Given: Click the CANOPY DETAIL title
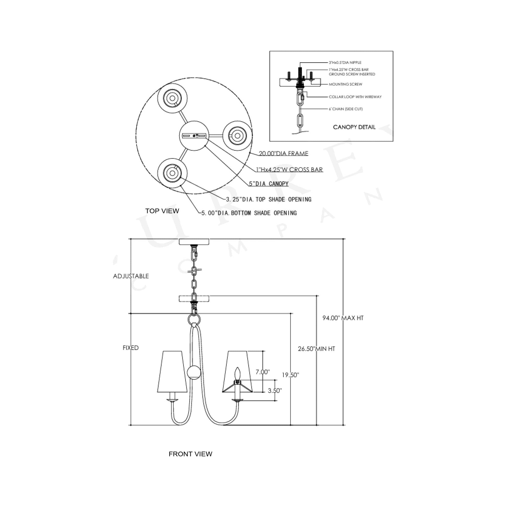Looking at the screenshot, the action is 354,127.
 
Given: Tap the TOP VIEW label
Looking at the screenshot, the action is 162,211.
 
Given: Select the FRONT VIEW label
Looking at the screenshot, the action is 190,454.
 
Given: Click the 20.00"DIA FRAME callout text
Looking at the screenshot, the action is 283,153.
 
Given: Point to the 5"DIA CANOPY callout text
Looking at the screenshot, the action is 269,184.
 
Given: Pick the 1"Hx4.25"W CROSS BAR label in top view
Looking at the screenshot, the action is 289,170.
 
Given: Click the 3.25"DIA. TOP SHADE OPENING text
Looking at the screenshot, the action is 269,200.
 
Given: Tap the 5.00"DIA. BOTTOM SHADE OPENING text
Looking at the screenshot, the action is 249,213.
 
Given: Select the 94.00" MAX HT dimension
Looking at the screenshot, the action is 343,318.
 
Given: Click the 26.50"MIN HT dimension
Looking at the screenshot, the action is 317,349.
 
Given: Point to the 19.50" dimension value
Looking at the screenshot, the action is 290,375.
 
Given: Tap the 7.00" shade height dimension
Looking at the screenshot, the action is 263,372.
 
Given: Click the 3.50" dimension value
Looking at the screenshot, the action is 275,391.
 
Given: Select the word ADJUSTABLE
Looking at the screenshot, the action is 131,276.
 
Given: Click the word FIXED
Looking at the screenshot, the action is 131,348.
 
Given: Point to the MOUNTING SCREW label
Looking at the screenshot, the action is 345,84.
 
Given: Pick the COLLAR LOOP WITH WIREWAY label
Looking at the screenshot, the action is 355,97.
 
